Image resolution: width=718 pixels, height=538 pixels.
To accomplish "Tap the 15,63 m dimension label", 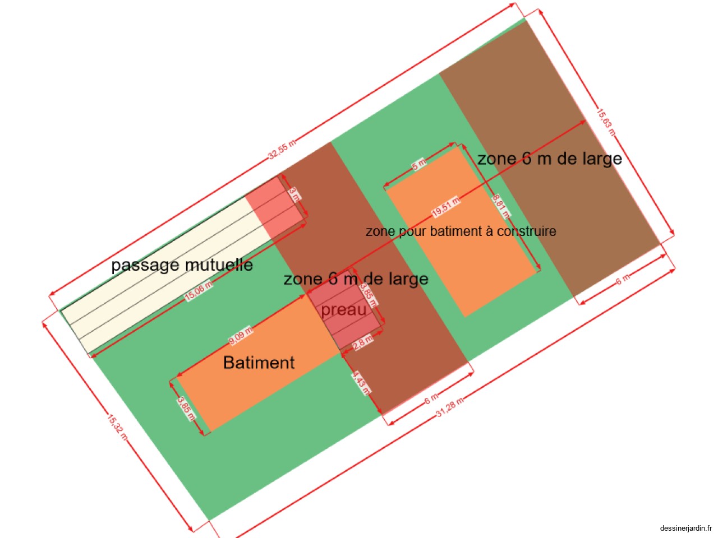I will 606,122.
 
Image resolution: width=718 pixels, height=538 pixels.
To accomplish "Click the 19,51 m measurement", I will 446,208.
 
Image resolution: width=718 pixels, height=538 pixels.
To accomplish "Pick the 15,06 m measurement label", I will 199,291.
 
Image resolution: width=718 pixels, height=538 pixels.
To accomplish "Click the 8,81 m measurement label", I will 501,206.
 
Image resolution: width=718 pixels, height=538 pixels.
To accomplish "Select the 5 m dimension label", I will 419,165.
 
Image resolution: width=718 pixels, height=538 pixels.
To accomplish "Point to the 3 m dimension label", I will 294,194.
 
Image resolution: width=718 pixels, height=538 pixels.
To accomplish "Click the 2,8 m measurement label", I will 362,342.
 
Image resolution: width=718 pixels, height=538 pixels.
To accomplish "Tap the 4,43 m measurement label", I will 361,383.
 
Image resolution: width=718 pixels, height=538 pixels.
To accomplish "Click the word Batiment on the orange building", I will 259,363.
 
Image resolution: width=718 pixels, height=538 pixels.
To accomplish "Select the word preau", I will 343,309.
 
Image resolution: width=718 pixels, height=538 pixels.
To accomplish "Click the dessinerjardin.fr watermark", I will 685,528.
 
